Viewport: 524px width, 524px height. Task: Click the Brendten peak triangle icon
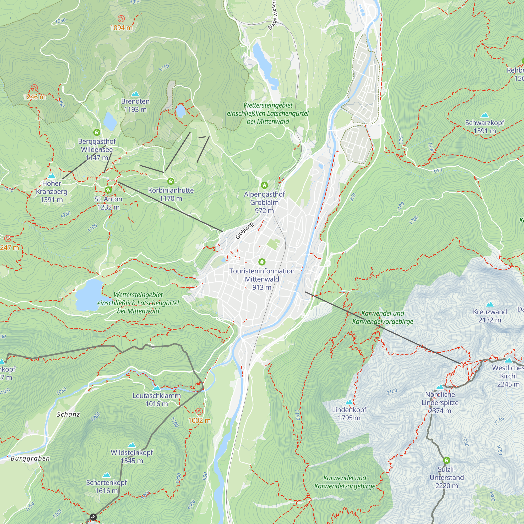click(x=135, y=94)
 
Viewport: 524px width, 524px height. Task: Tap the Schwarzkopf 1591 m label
click(x=484, y=126)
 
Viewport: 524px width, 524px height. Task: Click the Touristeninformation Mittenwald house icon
click(x=262, y=262)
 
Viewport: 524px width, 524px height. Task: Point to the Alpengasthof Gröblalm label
click(x=264, y=202)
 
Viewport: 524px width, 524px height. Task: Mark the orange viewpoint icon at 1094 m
click(x=121, y=19)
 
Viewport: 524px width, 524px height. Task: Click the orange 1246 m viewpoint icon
click(x=34, y=88)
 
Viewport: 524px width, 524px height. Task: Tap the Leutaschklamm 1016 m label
click(x=156, y=400)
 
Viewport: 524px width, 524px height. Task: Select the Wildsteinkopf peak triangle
click(x=132, y=445)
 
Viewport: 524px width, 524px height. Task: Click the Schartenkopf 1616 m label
click(x=106, y=486)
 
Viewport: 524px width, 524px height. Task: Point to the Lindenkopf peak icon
click(x=349, y=402)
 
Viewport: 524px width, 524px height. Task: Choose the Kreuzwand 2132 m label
click(x=490, y=316)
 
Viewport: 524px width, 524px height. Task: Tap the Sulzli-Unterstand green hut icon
click(x=446, y=460)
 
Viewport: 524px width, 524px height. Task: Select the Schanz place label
click(x=68, y=414)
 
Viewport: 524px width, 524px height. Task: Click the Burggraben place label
click(x=30, y=458)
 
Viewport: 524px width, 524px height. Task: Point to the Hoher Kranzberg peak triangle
click(x=52, y=176)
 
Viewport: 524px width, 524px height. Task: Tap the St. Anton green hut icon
click(x=108, y=190)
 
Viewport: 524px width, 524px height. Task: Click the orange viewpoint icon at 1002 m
click(x=199, y=411)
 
